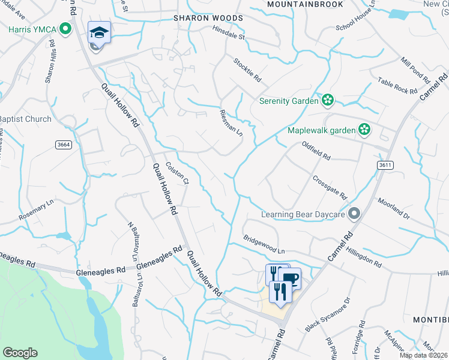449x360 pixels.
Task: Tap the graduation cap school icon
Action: point(99,31)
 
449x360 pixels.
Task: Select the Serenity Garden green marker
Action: point(328,100)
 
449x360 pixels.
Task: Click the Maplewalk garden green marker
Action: point(364,129)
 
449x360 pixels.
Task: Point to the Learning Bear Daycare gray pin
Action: point(355,213)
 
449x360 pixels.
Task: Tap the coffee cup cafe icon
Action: point(289,278)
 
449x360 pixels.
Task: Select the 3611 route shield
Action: point(386,164)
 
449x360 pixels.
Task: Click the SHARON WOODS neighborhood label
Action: point(208,18)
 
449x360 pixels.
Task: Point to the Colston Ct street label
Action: point(178,173)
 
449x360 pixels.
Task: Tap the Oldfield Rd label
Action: point(316,151)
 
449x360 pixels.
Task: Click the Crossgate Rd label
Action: point(330,187)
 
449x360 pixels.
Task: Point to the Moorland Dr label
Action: point(393,208)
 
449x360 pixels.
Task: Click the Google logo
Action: point(20,353)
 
